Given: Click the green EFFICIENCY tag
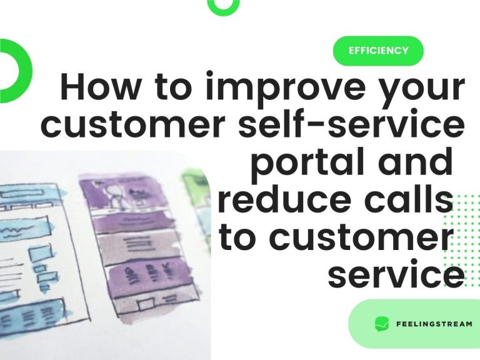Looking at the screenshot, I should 378,51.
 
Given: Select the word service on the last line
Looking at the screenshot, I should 396,275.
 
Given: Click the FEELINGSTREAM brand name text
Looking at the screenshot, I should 434,324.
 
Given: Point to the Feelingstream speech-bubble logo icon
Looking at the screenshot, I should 381,324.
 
